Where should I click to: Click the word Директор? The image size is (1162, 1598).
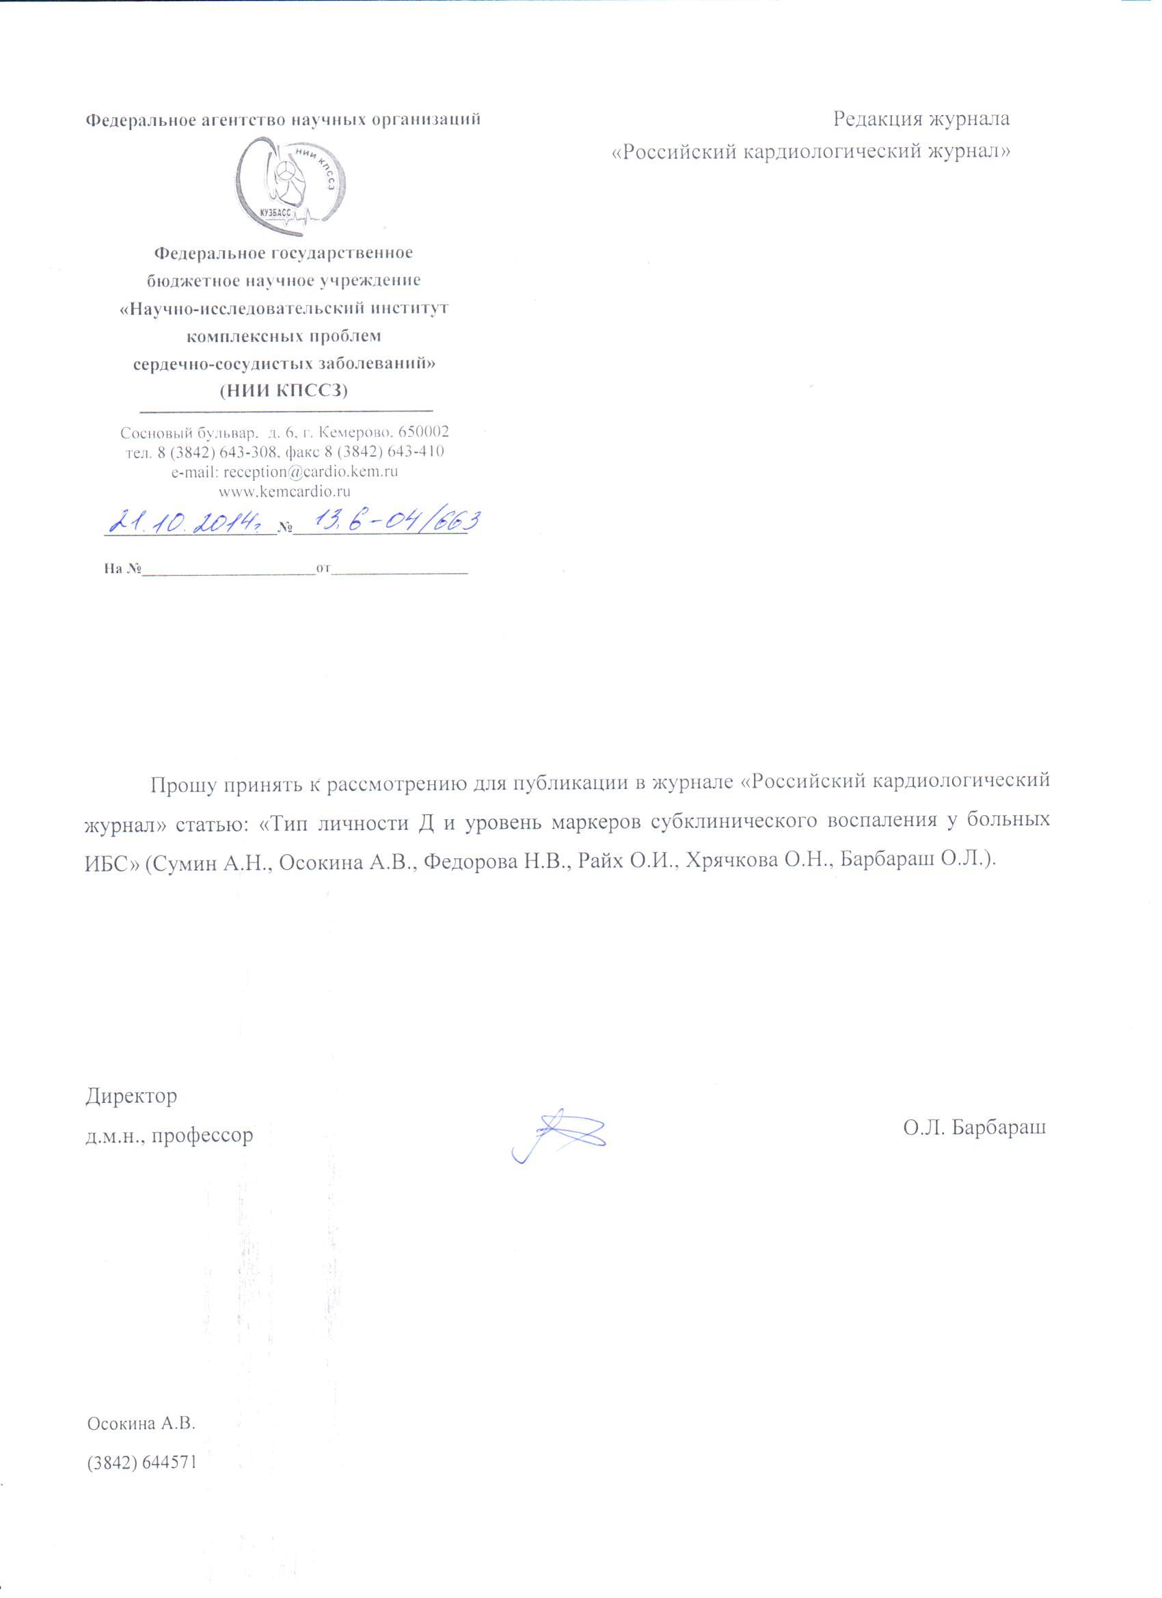[132, 1096]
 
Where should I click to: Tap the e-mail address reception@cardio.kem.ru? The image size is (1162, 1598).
[285, 471]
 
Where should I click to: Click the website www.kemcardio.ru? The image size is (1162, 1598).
[285, 491]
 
